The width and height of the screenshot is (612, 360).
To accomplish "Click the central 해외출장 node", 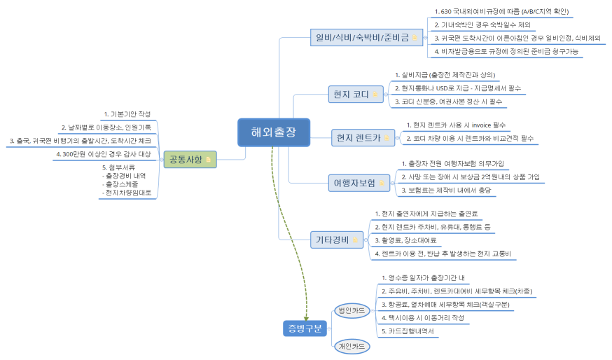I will coord(273,131).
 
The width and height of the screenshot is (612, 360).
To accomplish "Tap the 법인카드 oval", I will coord(352,310).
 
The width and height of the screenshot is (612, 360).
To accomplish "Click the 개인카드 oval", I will coord(352,345).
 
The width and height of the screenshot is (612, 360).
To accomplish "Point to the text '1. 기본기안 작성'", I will coord(127,114).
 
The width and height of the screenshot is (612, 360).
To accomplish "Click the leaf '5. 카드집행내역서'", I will coord(408,330).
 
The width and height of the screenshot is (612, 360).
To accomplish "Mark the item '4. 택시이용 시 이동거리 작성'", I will coord(423,317).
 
